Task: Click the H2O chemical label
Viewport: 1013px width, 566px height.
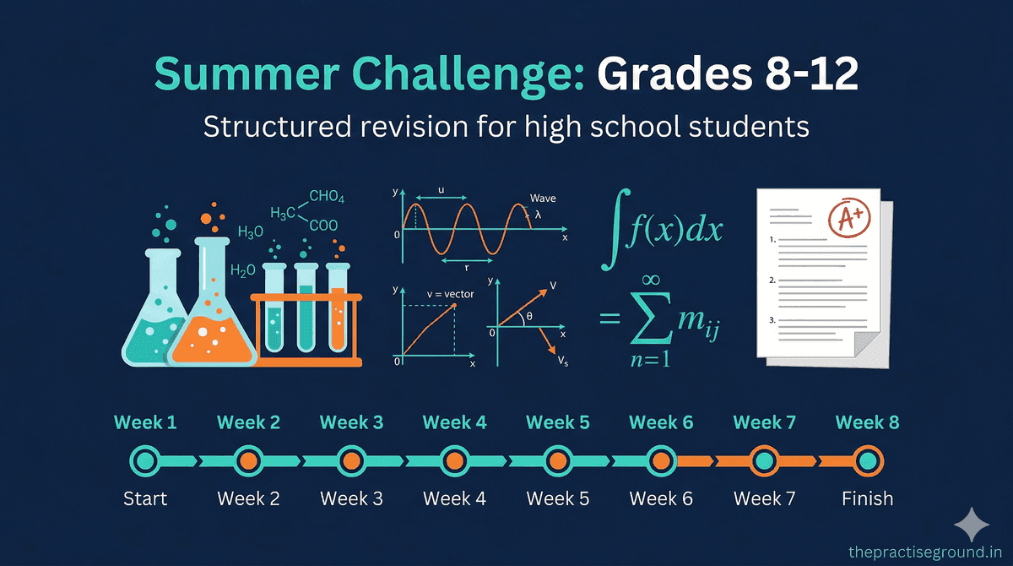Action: coord(243,270)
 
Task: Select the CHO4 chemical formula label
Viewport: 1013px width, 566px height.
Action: coord(327,197)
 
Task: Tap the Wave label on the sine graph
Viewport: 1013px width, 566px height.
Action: coord(543,199)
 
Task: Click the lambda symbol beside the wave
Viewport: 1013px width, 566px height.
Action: coord(538,215)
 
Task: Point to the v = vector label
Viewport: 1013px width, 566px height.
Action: coord(450,294)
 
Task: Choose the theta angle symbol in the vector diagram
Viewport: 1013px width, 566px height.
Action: coord(529,317)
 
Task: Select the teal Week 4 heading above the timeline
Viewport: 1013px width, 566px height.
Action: coord(454,422)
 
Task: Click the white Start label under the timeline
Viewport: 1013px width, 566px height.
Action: coord(145,498)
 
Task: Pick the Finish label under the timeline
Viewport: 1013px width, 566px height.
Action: coord(867,498)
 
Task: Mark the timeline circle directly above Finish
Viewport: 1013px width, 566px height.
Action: coord(867,461)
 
